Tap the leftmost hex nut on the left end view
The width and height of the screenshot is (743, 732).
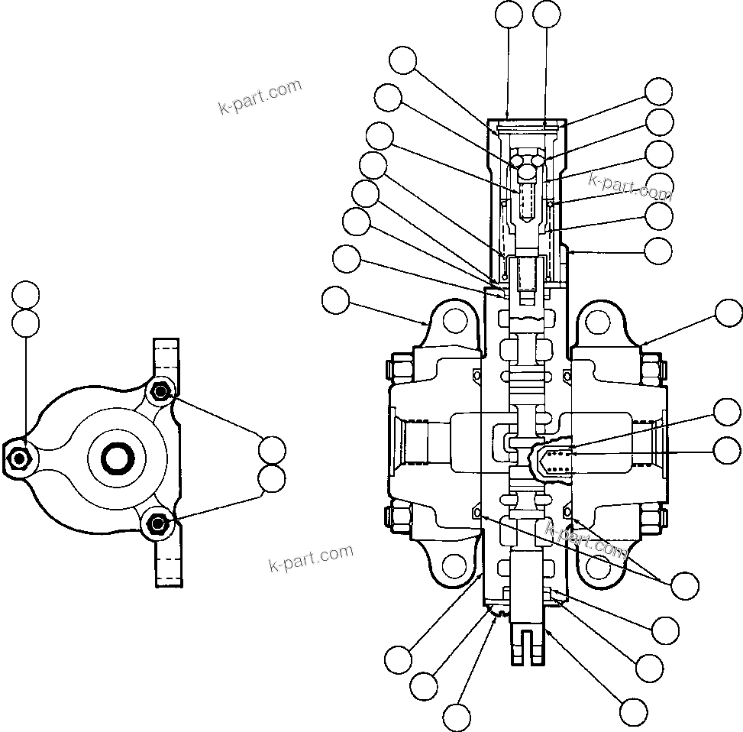(x=18, y=458)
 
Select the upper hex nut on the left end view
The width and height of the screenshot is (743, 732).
(x=160, y=392)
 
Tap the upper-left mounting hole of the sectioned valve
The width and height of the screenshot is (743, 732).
(x=454, y=320)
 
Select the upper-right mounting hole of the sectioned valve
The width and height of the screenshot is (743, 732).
(x=599, y=320)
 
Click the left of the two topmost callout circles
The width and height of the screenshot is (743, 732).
(x=509, y=15)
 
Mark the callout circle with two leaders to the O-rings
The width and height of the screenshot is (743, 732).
(x=684, y=585)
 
